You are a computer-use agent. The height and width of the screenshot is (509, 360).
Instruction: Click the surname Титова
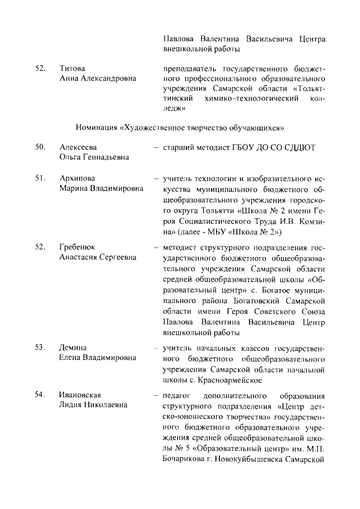(72, 68)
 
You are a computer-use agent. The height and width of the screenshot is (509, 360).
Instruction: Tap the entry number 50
(40, 147)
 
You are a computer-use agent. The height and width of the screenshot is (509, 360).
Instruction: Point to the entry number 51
(40, 178)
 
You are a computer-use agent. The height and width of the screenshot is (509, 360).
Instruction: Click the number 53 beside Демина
(40, 347)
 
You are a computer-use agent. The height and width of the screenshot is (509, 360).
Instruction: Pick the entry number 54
(40, 394)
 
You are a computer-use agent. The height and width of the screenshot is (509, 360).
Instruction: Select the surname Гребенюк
(78, 247)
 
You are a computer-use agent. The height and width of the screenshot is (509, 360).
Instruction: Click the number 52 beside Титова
(40, 68)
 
